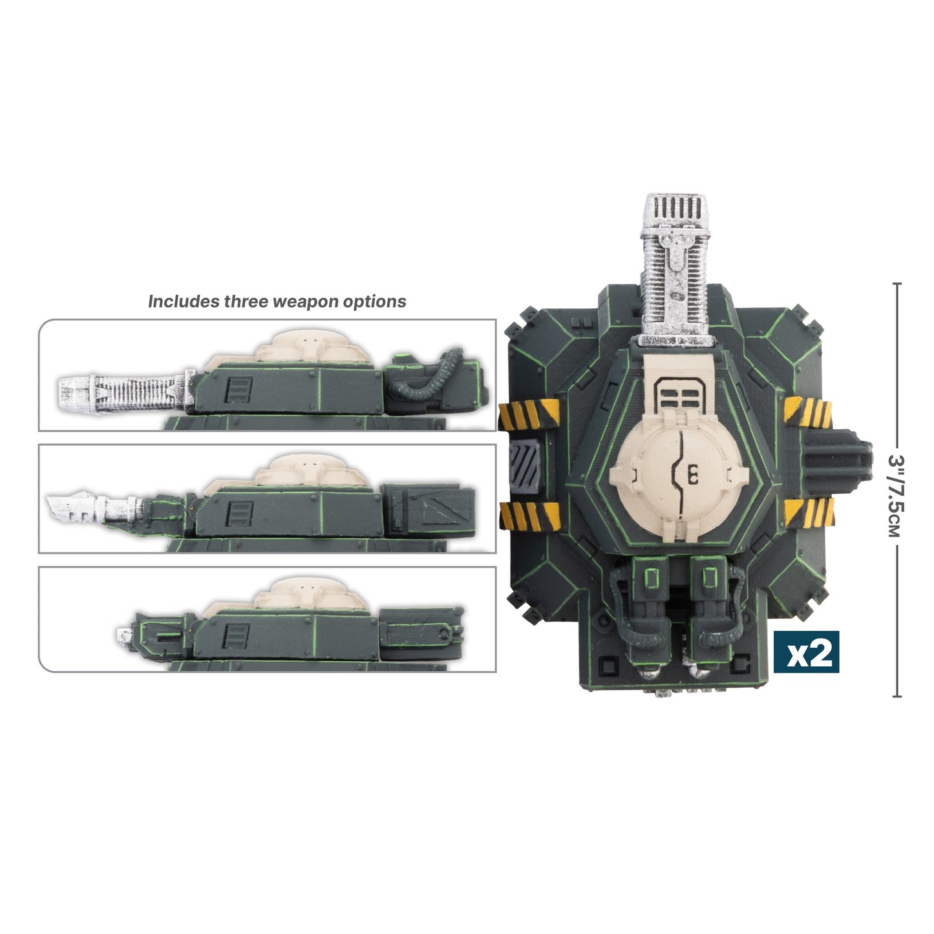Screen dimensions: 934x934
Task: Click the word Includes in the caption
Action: pyautogui.click(x=184, y=302)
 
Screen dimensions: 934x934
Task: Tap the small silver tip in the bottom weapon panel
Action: pyautogui.click(x=122, y=634)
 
